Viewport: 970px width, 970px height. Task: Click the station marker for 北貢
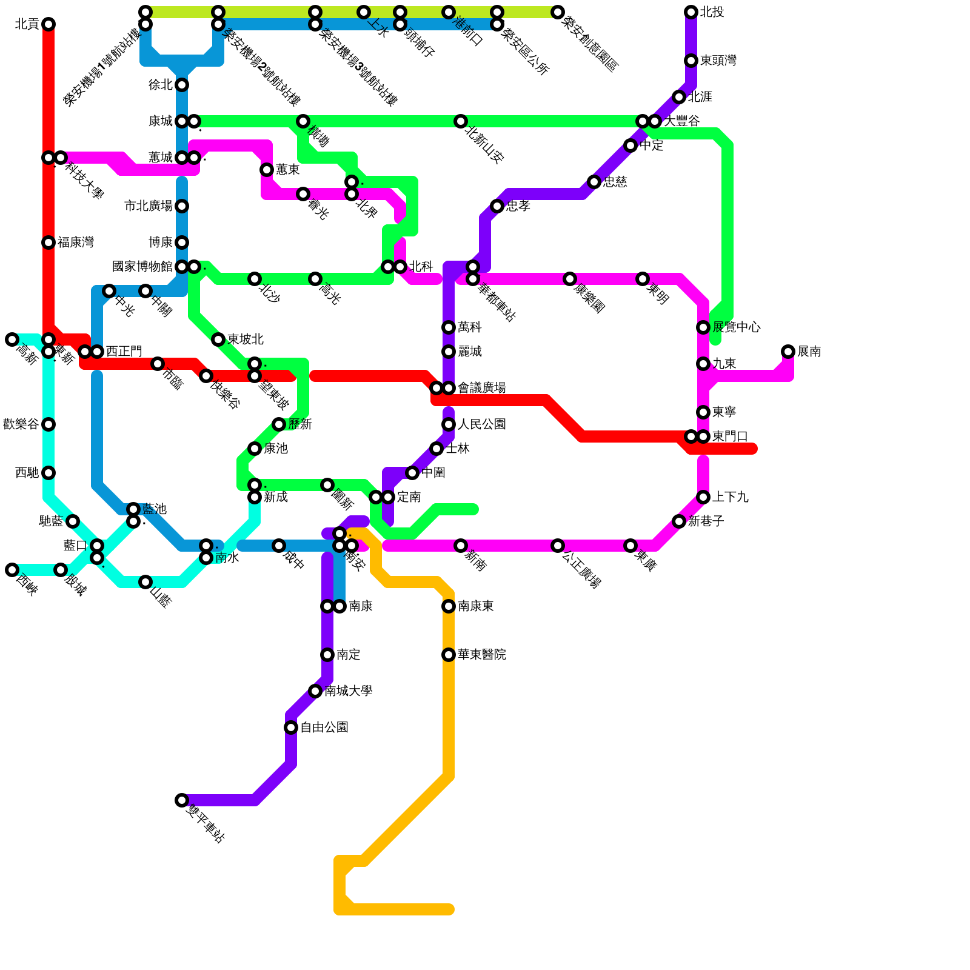pyautogui.click(x=48, y=24)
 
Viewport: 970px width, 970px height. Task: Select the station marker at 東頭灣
pyautogui.click(x=691, y=61)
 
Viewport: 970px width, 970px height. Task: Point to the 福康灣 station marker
pyautogui.click(x=48, y=242)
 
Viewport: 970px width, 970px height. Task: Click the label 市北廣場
pyautogui.click(x=149, y=206)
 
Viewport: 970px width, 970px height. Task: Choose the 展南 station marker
pyautogui.click(x=788, y=352)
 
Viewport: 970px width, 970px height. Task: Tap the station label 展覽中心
pyautogui.click(x=736, y=327)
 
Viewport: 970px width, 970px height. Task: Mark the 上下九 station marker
pyautogui.click(x=703, y=497)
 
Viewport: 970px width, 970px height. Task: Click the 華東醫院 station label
pyautogui.click(x=481, y=655)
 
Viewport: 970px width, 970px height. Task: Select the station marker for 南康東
pyautogui.click(x=449, y=606)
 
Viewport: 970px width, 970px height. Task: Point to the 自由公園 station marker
pyautogui.click(x=291, y=727)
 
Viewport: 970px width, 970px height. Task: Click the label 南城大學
pyautogui.click(x=348, y=691)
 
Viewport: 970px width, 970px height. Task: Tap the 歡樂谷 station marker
pyautogui.click(x=48, y=424)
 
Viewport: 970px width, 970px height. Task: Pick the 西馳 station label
pyautogui.click(x=27, y=473)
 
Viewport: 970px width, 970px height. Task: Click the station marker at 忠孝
pyautogui.click(x=497, y=206)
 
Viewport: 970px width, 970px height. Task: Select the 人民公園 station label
pyautogui.click(x=481, y=424)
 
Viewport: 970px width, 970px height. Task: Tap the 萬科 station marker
pyautogui.click(x=449, y=327)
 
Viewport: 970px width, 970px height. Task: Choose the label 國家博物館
pyautogui.click(x=142, y=267)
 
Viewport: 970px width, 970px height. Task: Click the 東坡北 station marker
pyautogui.click(x=218, y=339)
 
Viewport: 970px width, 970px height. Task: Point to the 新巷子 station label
pyautogui.click(x=706, y=521)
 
